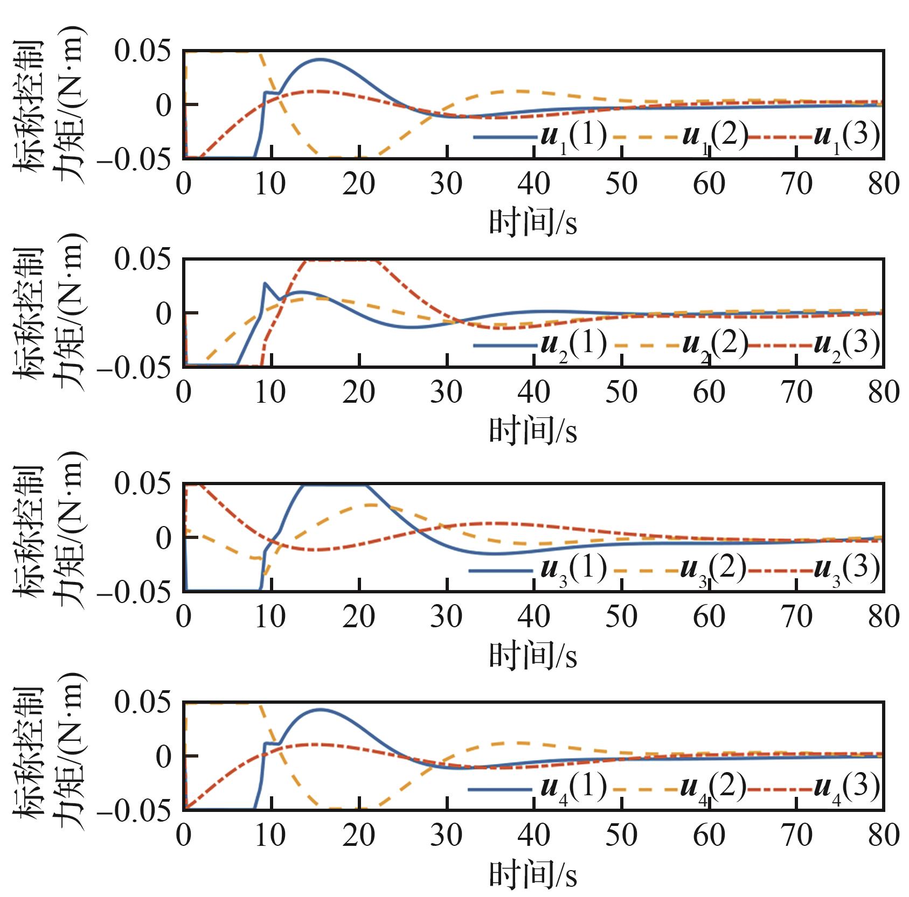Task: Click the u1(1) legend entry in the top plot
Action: (x=540, y=137)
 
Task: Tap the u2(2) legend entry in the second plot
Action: (x=681, y=345)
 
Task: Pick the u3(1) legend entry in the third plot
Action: (x=539, y=570)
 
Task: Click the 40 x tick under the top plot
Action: (x=533, y=184)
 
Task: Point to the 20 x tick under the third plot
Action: (x=358, y=616)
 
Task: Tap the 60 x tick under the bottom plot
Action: (x=709, y=836)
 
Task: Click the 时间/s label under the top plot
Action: (x=533, y=222)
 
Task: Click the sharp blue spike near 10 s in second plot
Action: (x=265, y=283)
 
